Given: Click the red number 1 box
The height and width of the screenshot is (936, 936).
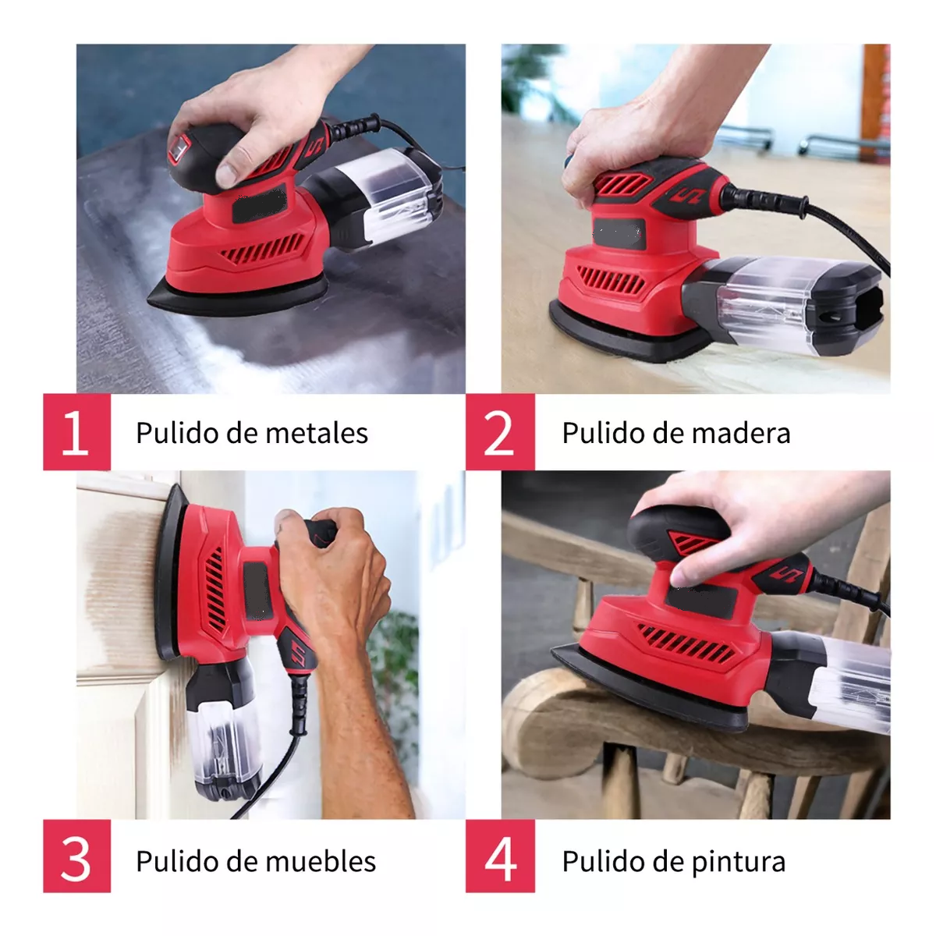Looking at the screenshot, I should pyautogui.click(x=76, y=432).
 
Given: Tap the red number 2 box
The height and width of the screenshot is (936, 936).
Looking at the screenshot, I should pyautogui.click(x=500, y=432).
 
